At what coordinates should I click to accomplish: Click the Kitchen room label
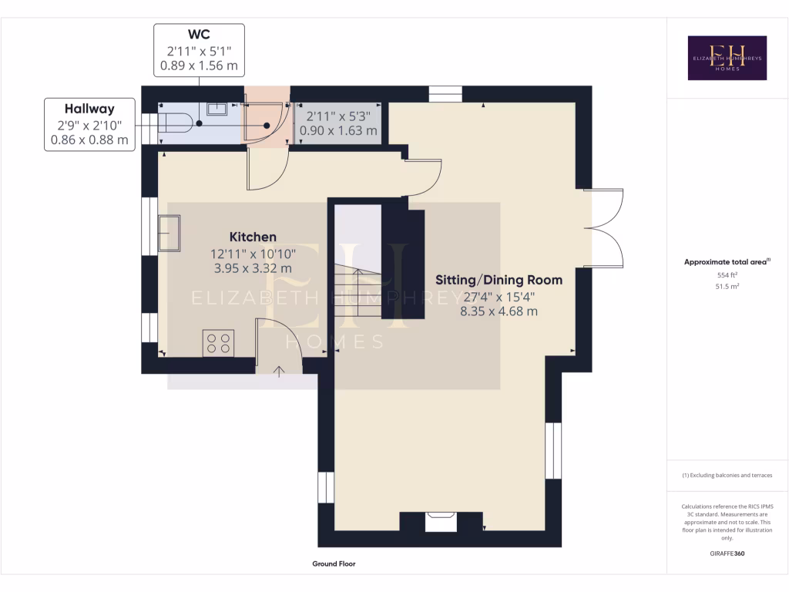pos(253,237)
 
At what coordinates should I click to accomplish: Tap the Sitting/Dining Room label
pos(499,279)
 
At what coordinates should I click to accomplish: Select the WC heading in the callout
pos(200,35)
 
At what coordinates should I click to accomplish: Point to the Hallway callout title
pos(89,109)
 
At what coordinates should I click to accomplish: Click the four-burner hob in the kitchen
pos(218,342)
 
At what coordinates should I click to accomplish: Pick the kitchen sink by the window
pos(169,233)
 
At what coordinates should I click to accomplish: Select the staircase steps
pos(357,293)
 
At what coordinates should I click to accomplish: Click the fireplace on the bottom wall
pos(442,523)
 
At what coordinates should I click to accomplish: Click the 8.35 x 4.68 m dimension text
pos(499,311)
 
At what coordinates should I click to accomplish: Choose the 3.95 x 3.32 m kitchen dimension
pos(253,268)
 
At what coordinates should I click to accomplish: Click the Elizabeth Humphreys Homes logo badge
pos(727,58)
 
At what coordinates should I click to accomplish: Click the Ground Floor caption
pos(334,564)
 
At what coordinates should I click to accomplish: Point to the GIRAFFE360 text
pos(727,553)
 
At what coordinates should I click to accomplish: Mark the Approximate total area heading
pos(727,262)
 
